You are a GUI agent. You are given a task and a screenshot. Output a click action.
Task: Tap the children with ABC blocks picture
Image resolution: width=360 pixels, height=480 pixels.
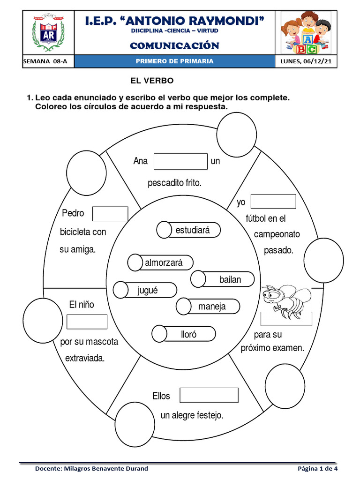point(305,33)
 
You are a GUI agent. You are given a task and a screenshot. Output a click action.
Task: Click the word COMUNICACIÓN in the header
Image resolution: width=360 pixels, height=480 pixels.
point(174,45)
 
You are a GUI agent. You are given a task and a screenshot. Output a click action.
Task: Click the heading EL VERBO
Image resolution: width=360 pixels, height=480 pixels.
point(152,81)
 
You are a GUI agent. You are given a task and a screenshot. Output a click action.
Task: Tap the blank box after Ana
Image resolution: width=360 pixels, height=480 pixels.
point(180,161)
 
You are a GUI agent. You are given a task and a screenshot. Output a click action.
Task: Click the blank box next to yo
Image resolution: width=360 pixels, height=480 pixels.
point(273,202)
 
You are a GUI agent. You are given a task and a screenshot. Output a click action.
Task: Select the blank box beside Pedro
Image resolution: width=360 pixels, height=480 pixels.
point(110,214)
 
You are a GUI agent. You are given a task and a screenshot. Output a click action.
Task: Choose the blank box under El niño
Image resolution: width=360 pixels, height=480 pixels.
point(87,322)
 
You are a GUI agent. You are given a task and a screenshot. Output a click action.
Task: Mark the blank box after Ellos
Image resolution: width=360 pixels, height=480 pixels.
point(209,396)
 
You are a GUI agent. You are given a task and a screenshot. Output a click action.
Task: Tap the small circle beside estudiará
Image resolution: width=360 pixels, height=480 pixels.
point(164,230)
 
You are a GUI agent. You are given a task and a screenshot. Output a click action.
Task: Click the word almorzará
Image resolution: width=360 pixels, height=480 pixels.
point(164,263)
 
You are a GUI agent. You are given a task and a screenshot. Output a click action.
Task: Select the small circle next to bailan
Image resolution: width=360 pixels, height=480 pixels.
point(198,279)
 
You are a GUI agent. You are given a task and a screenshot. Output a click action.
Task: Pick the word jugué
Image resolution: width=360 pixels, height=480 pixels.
point(148,290)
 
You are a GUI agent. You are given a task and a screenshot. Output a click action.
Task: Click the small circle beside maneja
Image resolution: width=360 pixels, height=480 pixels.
point(183,307)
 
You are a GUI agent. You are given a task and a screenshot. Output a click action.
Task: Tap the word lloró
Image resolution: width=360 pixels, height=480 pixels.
point(189,334)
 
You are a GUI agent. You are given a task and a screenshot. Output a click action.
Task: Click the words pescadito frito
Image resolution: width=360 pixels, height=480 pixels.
point(174,183)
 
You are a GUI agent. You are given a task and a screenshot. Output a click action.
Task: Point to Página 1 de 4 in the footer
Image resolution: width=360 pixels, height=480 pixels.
point(317,468)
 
